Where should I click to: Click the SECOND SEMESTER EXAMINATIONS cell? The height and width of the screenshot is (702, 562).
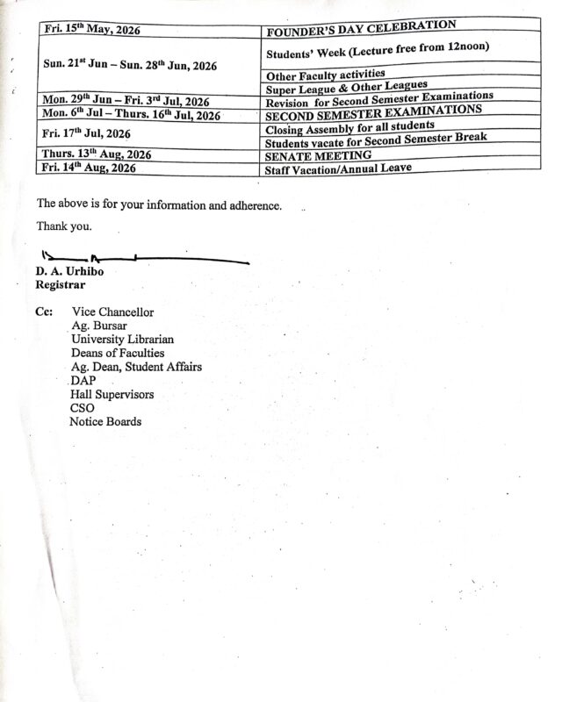coord(373,111)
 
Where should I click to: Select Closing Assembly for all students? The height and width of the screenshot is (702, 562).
coord(349,125)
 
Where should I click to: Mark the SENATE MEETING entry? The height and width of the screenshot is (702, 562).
coord(317,155)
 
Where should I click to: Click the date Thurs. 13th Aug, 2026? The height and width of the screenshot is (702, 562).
coord(97,155)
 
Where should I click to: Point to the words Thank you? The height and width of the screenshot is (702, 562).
coord(64,226)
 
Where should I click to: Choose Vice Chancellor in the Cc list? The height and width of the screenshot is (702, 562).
coord(112,312)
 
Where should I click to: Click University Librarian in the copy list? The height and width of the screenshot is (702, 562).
coord(122,340)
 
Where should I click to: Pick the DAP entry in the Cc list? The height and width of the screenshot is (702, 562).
coord(83,381)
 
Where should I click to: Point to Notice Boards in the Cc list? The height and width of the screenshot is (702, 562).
coord(105,422)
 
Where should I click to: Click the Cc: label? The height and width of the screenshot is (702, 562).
coord(44,312)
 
